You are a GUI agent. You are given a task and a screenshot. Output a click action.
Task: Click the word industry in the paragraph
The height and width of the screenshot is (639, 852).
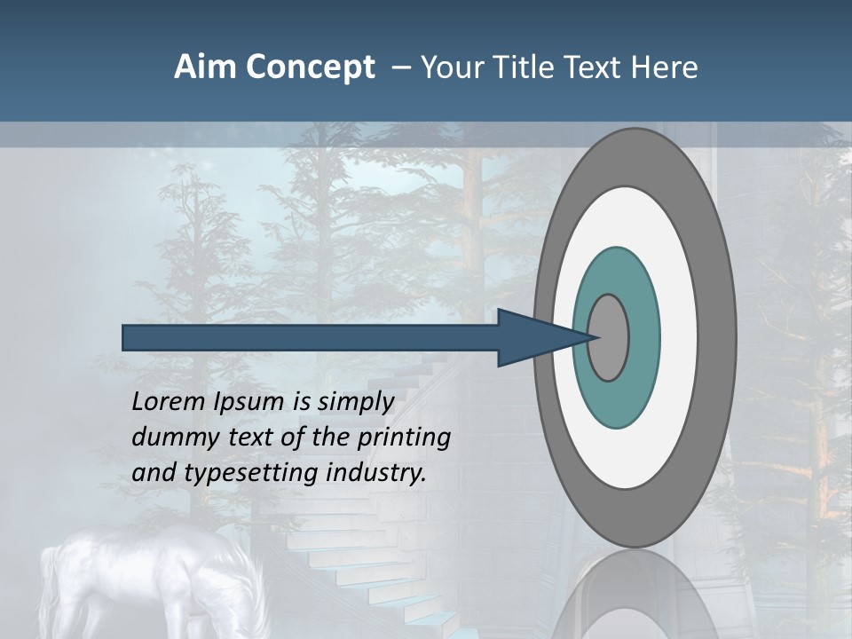coord(376,473)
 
